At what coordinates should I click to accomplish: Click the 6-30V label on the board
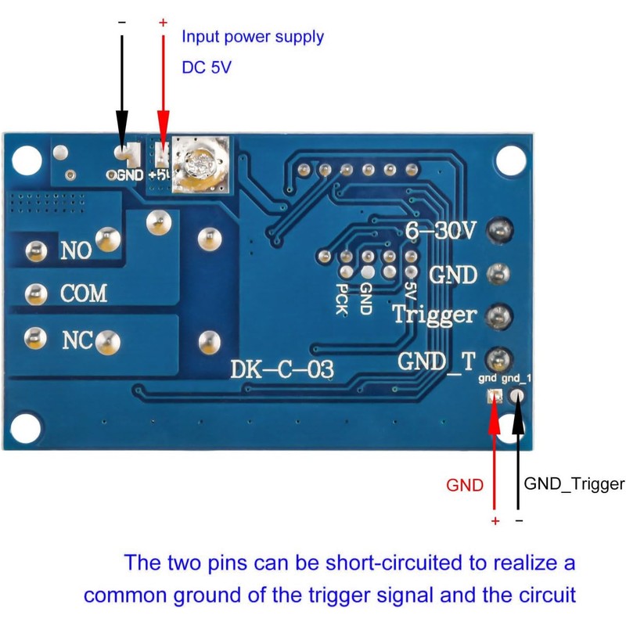[441, 230]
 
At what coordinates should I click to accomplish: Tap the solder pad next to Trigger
[498, 316]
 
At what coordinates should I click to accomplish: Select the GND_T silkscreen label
[436, 361]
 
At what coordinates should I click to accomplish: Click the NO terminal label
[76, 250]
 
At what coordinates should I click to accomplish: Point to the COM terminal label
[84, 294]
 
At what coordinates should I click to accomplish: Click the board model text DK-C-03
[282, 369]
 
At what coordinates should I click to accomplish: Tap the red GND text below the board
[465, 485]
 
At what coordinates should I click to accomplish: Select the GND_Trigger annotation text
[574, 484]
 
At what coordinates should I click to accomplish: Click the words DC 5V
[207, 67]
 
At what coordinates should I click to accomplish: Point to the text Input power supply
[253, 37]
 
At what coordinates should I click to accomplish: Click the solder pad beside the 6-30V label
[498, 230]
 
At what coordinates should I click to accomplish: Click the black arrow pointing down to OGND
[121, 94]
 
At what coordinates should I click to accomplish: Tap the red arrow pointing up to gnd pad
[494, 454]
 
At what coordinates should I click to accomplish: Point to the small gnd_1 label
[516, 379]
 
